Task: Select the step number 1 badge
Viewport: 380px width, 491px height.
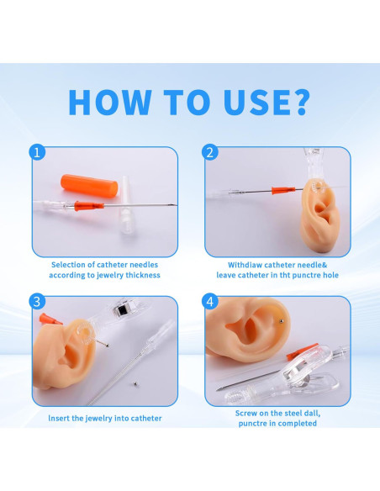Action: point(36,152)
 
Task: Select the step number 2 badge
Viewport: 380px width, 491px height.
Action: point(209,152)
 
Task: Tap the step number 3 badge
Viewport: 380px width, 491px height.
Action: point(36,301)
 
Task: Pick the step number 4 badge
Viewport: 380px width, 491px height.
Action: point(209,301)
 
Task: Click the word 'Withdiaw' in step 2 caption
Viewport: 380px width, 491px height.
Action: point(246,264)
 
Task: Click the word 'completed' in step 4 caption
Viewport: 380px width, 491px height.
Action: point(297,424)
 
